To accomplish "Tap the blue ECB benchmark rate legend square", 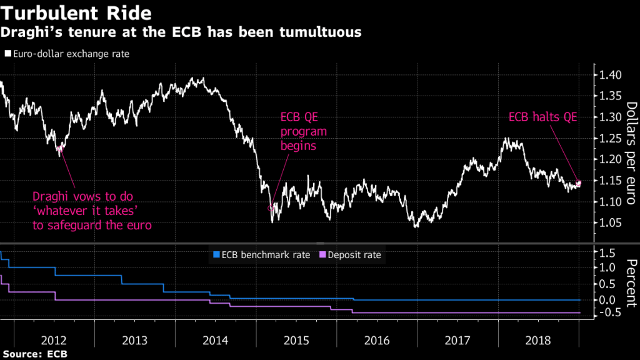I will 217,254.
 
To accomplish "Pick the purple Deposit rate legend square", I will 323,254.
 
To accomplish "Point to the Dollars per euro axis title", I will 630,153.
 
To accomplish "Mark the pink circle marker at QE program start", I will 271,208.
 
